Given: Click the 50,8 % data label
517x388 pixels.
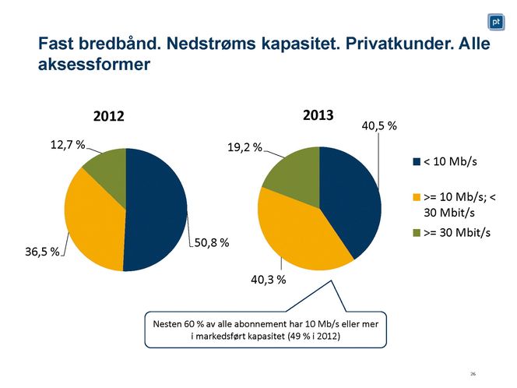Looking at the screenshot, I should click(x=211, y=243).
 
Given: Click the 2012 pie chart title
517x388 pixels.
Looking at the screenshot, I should click(x=110, y=117).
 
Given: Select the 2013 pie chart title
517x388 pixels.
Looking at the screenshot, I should click(x=318, y=115).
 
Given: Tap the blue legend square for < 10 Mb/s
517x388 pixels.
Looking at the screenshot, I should click(x=417, y=162).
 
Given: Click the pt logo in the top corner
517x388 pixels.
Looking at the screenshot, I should click(x=495, y=21).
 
